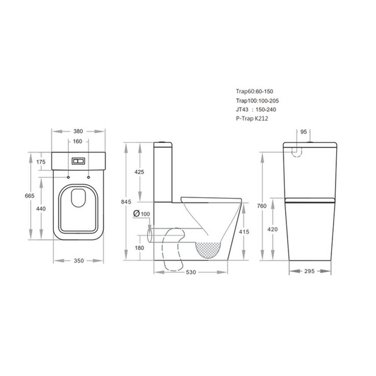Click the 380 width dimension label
(78, 132)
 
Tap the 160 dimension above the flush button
(78, 142)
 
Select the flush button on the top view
(78, 161)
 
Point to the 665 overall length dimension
(30, 196)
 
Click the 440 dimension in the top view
(41, 209)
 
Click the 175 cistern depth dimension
(41, 162)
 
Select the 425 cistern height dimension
(139, 172)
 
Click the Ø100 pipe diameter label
(142, 214)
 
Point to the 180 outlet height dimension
(139, 248)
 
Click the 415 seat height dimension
(244, 232)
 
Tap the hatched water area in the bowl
(208, 250)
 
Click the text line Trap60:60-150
(254, 92)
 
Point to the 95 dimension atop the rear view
(303, 132)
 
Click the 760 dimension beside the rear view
(272, 206)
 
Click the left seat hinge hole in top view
(68, 177)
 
